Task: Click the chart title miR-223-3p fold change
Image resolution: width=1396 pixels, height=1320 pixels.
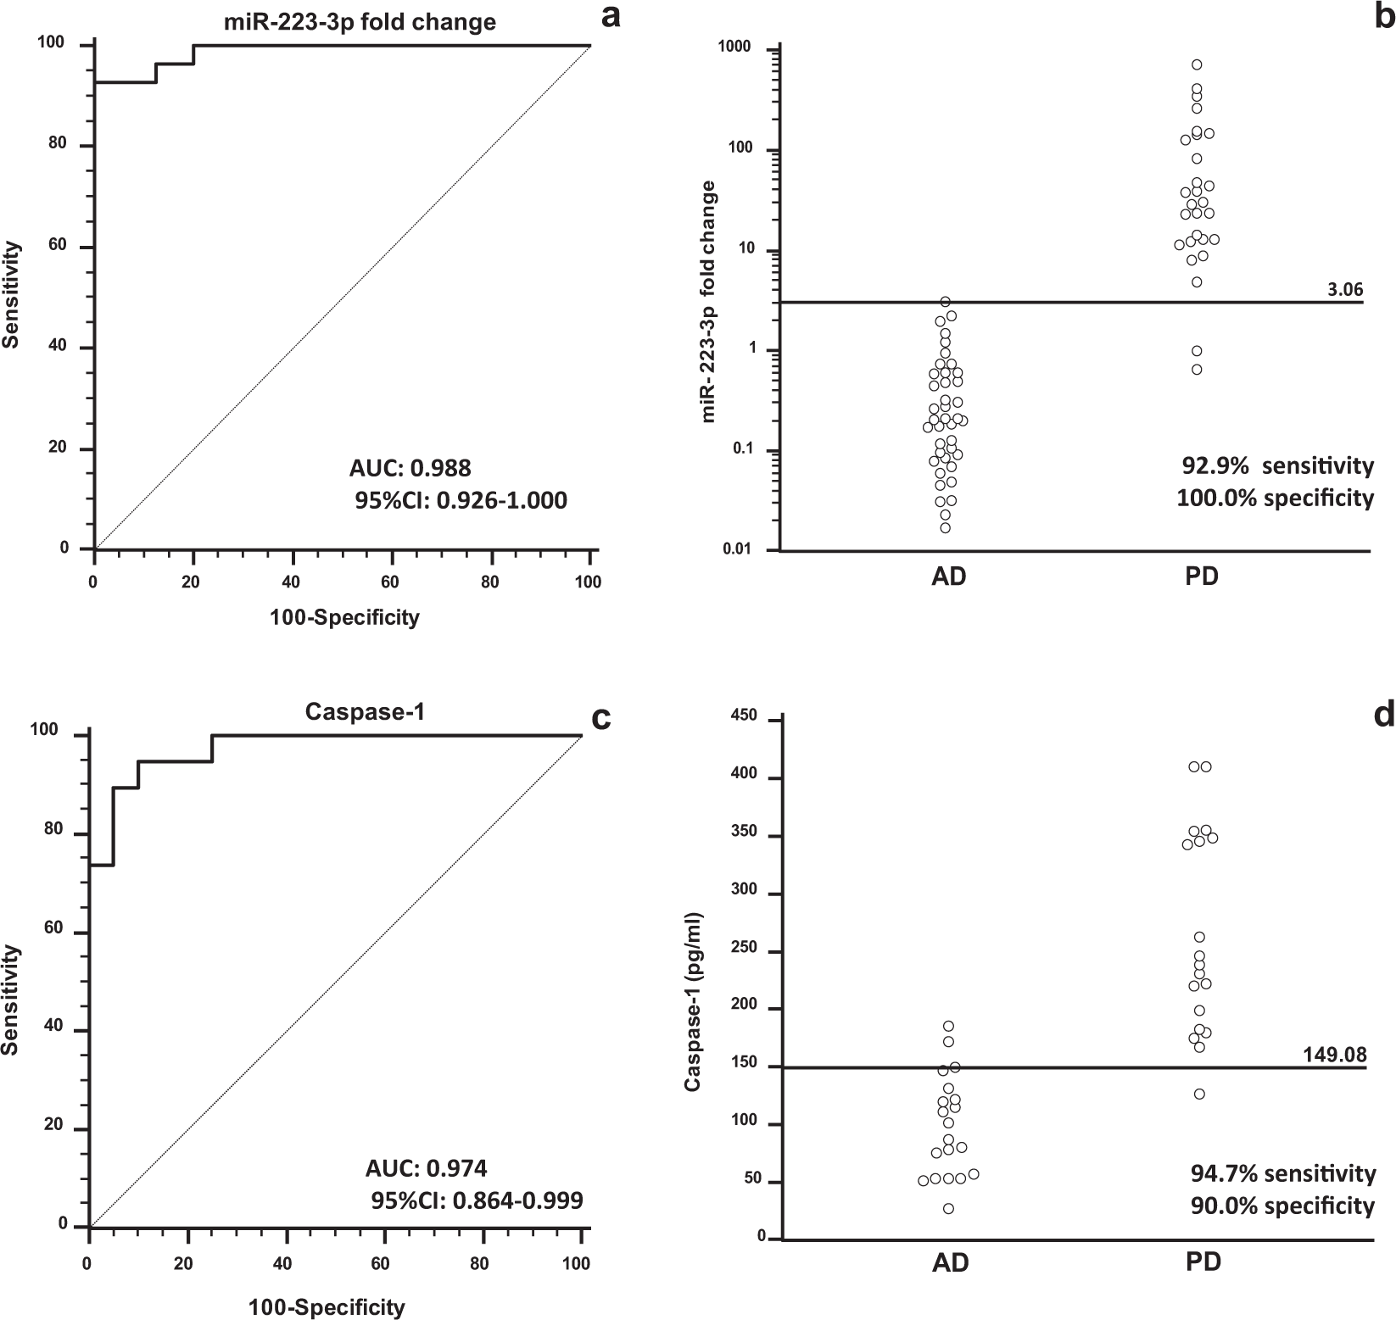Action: [x=360, y=21]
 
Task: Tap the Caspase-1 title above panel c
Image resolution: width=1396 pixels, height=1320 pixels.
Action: [x=365, y=712]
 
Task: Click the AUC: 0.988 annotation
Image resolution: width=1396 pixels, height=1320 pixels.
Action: [x=410, y=467]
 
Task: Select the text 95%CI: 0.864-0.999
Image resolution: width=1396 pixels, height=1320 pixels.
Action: [x=477, y=1200]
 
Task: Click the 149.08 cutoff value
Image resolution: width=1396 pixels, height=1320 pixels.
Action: [x=1334, y=1055]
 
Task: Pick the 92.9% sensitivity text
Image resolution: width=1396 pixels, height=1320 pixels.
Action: [x=1277, y=465]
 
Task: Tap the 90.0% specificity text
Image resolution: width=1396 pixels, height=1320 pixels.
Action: [x=1279, y=1206]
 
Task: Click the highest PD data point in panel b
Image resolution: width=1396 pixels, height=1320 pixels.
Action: [x=1197, y=64]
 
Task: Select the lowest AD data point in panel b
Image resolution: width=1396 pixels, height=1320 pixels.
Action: [x=945, y=528]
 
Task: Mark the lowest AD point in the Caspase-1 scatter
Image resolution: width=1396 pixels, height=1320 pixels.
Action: [x=948, y=1209]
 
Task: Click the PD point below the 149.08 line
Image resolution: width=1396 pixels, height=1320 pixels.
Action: [x=1199, y=1094]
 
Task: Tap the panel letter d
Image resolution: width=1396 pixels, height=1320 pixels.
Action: [x=1384, y=716]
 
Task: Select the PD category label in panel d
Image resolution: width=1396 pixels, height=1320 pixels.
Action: [x=1203, y=1262]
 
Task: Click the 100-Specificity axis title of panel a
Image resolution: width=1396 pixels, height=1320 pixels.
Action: [x=344, y=617]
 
